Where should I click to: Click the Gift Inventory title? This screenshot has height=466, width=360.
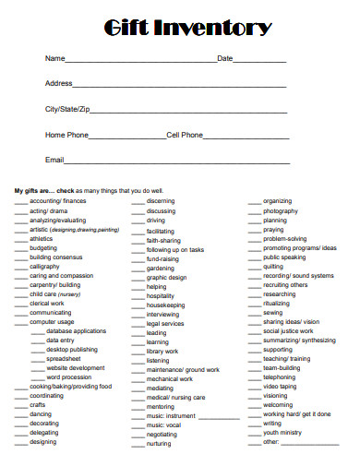point(180,29)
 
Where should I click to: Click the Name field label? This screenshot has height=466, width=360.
point(54,59)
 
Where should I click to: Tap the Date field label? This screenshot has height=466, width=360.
point(225,59)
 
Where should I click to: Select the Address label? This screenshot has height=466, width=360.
point(58,84)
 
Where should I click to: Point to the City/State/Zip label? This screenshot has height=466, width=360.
point(68,109)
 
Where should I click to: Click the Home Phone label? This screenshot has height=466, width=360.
point(67,135)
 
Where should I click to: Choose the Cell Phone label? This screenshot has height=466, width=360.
point(185,135)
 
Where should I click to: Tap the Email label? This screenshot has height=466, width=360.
point(54,160)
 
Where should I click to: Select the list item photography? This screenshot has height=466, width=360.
point(281,211)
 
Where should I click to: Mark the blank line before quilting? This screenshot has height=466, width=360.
point(254,267)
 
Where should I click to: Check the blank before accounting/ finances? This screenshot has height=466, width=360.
point(20,200)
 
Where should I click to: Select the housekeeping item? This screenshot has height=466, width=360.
point(166,305)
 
